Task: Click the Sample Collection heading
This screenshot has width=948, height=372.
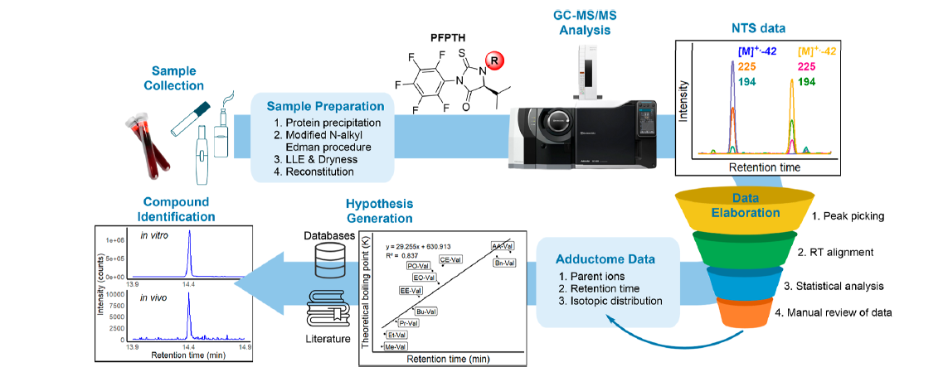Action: point(178,79)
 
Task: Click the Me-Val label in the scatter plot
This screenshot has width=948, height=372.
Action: point(396,346)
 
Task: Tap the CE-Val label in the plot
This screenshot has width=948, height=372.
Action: point(450,259)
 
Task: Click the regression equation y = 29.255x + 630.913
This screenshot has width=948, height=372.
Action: point(427,245)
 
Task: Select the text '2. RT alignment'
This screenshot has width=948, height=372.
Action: point(829,252)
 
